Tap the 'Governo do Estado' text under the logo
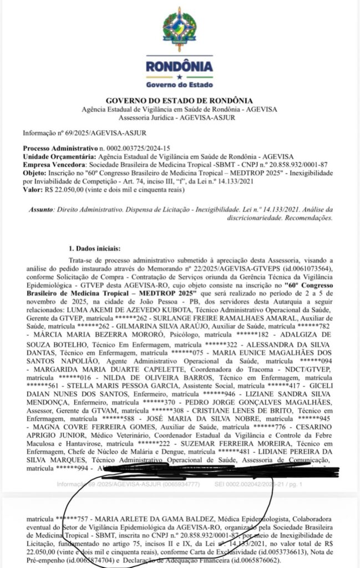179,85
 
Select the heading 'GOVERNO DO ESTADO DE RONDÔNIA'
179,100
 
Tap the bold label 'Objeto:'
34,173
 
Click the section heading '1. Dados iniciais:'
95,248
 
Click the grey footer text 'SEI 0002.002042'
242,484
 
